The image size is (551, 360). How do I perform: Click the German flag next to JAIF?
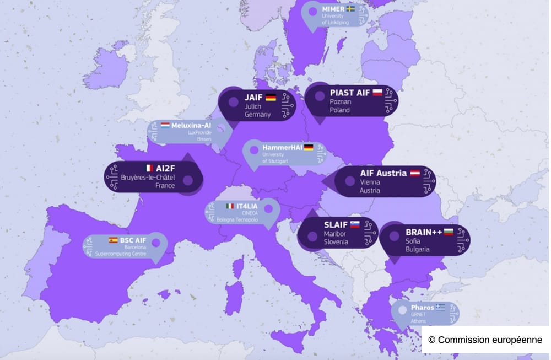[271, 98]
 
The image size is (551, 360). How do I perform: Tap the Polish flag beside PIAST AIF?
[377, 93]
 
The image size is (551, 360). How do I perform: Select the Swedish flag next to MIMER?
[351, 9]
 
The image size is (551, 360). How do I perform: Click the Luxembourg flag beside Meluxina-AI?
[165, 125]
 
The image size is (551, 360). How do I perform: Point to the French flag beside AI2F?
[148, 168]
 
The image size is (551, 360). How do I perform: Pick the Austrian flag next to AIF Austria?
[414, 173]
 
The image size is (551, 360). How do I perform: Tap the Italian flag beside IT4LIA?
[229, 206]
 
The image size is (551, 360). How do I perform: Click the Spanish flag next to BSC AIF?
[113, 240]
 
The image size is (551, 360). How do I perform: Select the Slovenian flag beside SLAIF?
[355, 224]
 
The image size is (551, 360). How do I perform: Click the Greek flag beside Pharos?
[440, 307]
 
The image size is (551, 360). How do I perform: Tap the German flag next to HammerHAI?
[309, 147]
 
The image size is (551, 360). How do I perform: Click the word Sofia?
[413, 240]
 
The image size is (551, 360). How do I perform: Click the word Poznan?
[341, 102]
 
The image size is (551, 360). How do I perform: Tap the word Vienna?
[370, 181]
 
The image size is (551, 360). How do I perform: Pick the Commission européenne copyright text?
[485, 340]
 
